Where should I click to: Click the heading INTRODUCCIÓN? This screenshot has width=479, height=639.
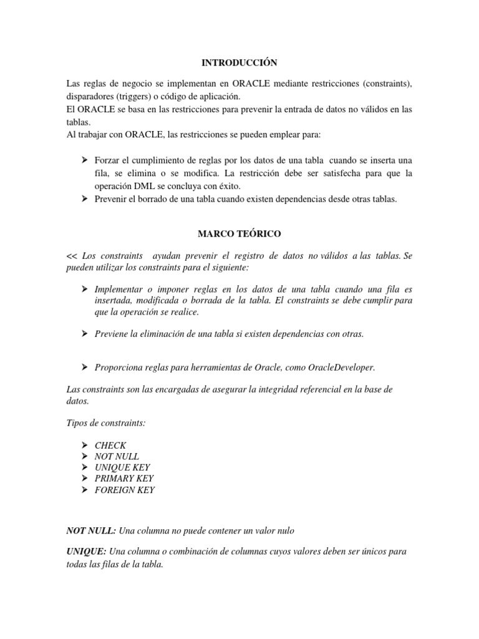[x=239, y=63]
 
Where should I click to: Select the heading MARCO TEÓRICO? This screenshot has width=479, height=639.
[x=239, y=233]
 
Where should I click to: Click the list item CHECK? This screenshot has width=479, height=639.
[x=110, y=445]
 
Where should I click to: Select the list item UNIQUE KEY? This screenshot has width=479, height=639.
[x=122, y=467]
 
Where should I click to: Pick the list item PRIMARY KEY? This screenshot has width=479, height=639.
[x=124, y=479]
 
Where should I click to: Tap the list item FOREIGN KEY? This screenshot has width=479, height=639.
[x=125, y=490]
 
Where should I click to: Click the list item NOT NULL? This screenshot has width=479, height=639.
[x=117, y=456]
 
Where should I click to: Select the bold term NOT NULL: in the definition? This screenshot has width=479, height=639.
[x=91, y=530]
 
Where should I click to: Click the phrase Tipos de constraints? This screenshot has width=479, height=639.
[x=106, y=423]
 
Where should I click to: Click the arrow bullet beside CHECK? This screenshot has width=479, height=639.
[x=84, y=445]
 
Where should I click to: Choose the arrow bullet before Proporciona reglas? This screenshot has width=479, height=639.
[x=84, y=367]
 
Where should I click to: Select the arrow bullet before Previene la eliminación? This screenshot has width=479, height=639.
[x=84, y=334]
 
